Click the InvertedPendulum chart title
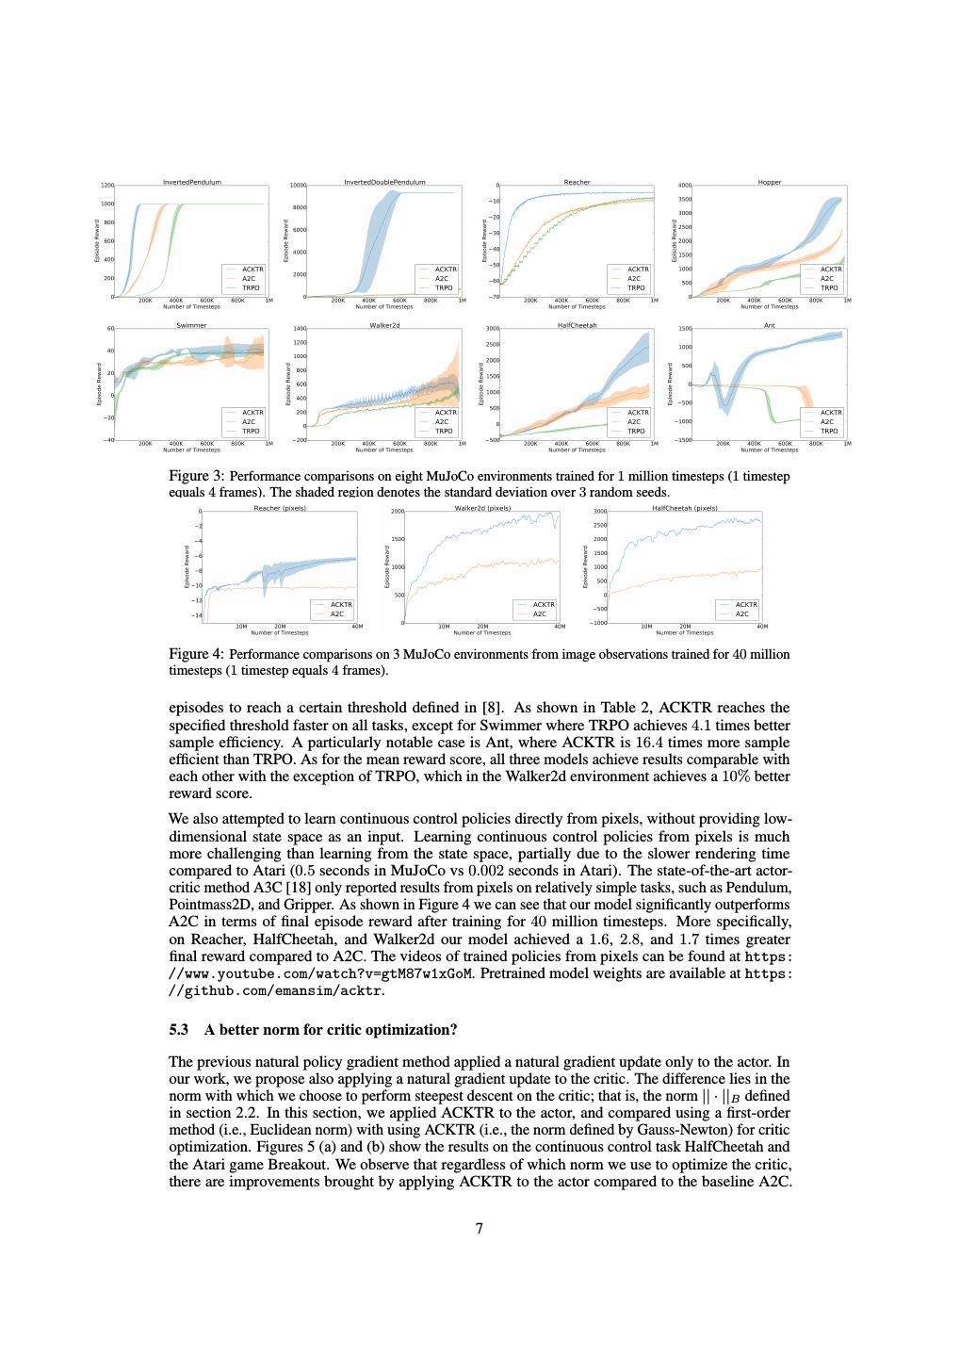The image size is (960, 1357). [192, 182]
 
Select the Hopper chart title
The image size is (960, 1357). [770, 182]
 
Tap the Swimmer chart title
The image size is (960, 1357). [192, 325]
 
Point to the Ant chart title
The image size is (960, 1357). [770, 325]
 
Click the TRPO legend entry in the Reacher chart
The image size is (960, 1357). [636, 287]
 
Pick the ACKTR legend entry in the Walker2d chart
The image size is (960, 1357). [445, 412]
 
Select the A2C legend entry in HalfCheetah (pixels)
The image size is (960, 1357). [741, 613]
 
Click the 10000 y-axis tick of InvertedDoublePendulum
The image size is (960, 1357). [299, 186]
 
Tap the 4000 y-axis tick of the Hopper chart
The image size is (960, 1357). [685, 186]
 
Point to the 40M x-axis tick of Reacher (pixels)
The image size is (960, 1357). [356, 626]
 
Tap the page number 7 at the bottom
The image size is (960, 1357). [480, 1228]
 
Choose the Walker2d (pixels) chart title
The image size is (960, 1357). [482, 508]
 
